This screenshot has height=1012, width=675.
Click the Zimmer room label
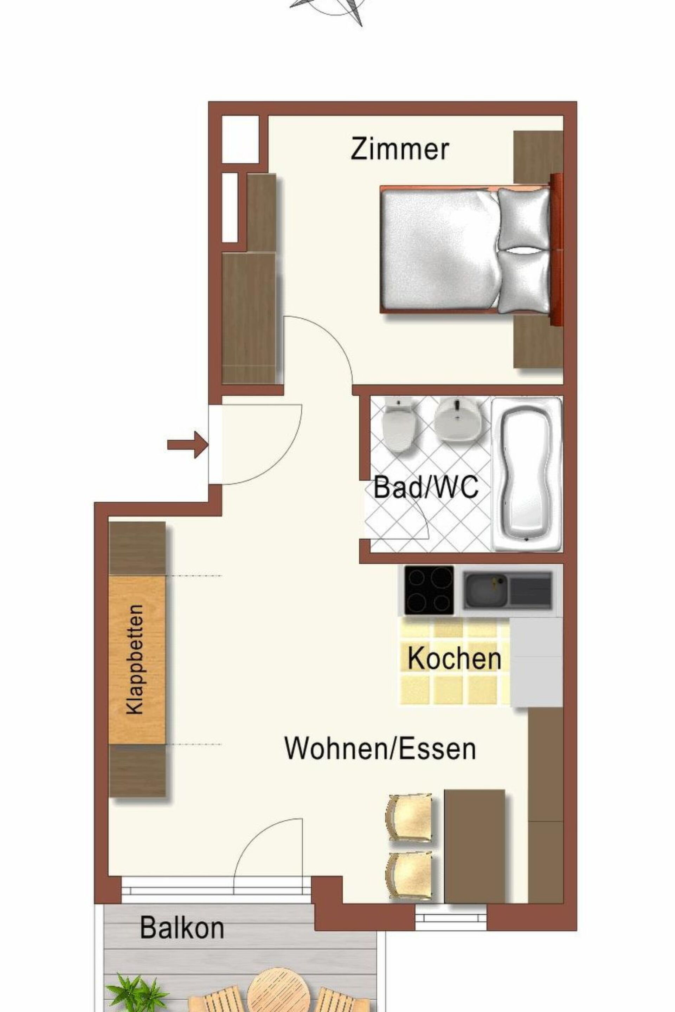tap(399, 149)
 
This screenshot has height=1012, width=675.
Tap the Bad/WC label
tap(426, 487)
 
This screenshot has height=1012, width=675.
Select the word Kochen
tap(455, 658)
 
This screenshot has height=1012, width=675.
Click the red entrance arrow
tap(188, 445)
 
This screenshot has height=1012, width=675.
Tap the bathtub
tap(527, 474)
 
